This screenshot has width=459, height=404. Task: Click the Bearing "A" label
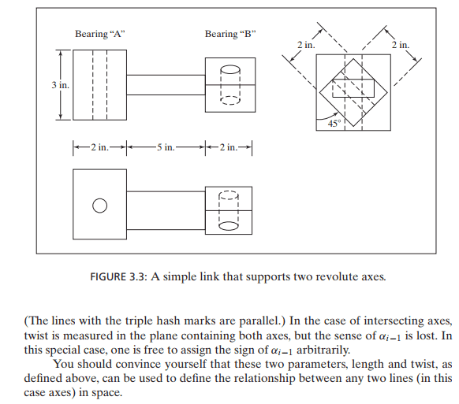click(x=100, y=34)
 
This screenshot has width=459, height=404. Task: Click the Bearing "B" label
click(x=230, y=34)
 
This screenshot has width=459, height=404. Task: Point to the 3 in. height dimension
click(x=61, y=85)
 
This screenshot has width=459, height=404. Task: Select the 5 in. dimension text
click(x=166, y=147)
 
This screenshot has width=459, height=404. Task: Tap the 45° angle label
click(x=334, y=124)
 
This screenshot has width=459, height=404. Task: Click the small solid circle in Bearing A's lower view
click(x=100, y=206)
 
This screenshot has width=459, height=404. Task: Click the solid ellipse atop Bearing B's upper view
click(x=230, y=70)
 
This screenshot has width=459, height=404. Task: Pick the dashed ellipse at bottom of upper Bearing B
click(x=230, y=101)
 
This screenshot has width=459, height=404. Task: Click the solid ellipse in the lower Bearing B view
click(x=229, y=226)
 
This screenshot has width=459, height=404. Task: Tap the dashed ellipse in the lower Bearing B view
click(x=229, y=195)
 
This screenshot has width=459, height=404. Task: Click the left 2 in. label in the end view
click(x=306, y=45)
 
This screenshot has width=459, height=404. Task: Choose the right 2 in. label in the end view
click(x=401, y=45)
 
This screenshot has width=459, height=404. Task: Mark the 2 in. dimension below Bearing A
click(x=99, y=147)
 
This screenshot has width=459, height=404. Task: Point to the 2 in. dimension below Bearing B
click(x=229, y=147)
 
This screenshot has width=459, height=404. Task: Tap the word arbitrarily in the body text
click(x=323, y=350)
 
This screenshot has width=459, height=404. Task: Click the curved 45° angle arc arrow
click(x=327, y=117)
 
